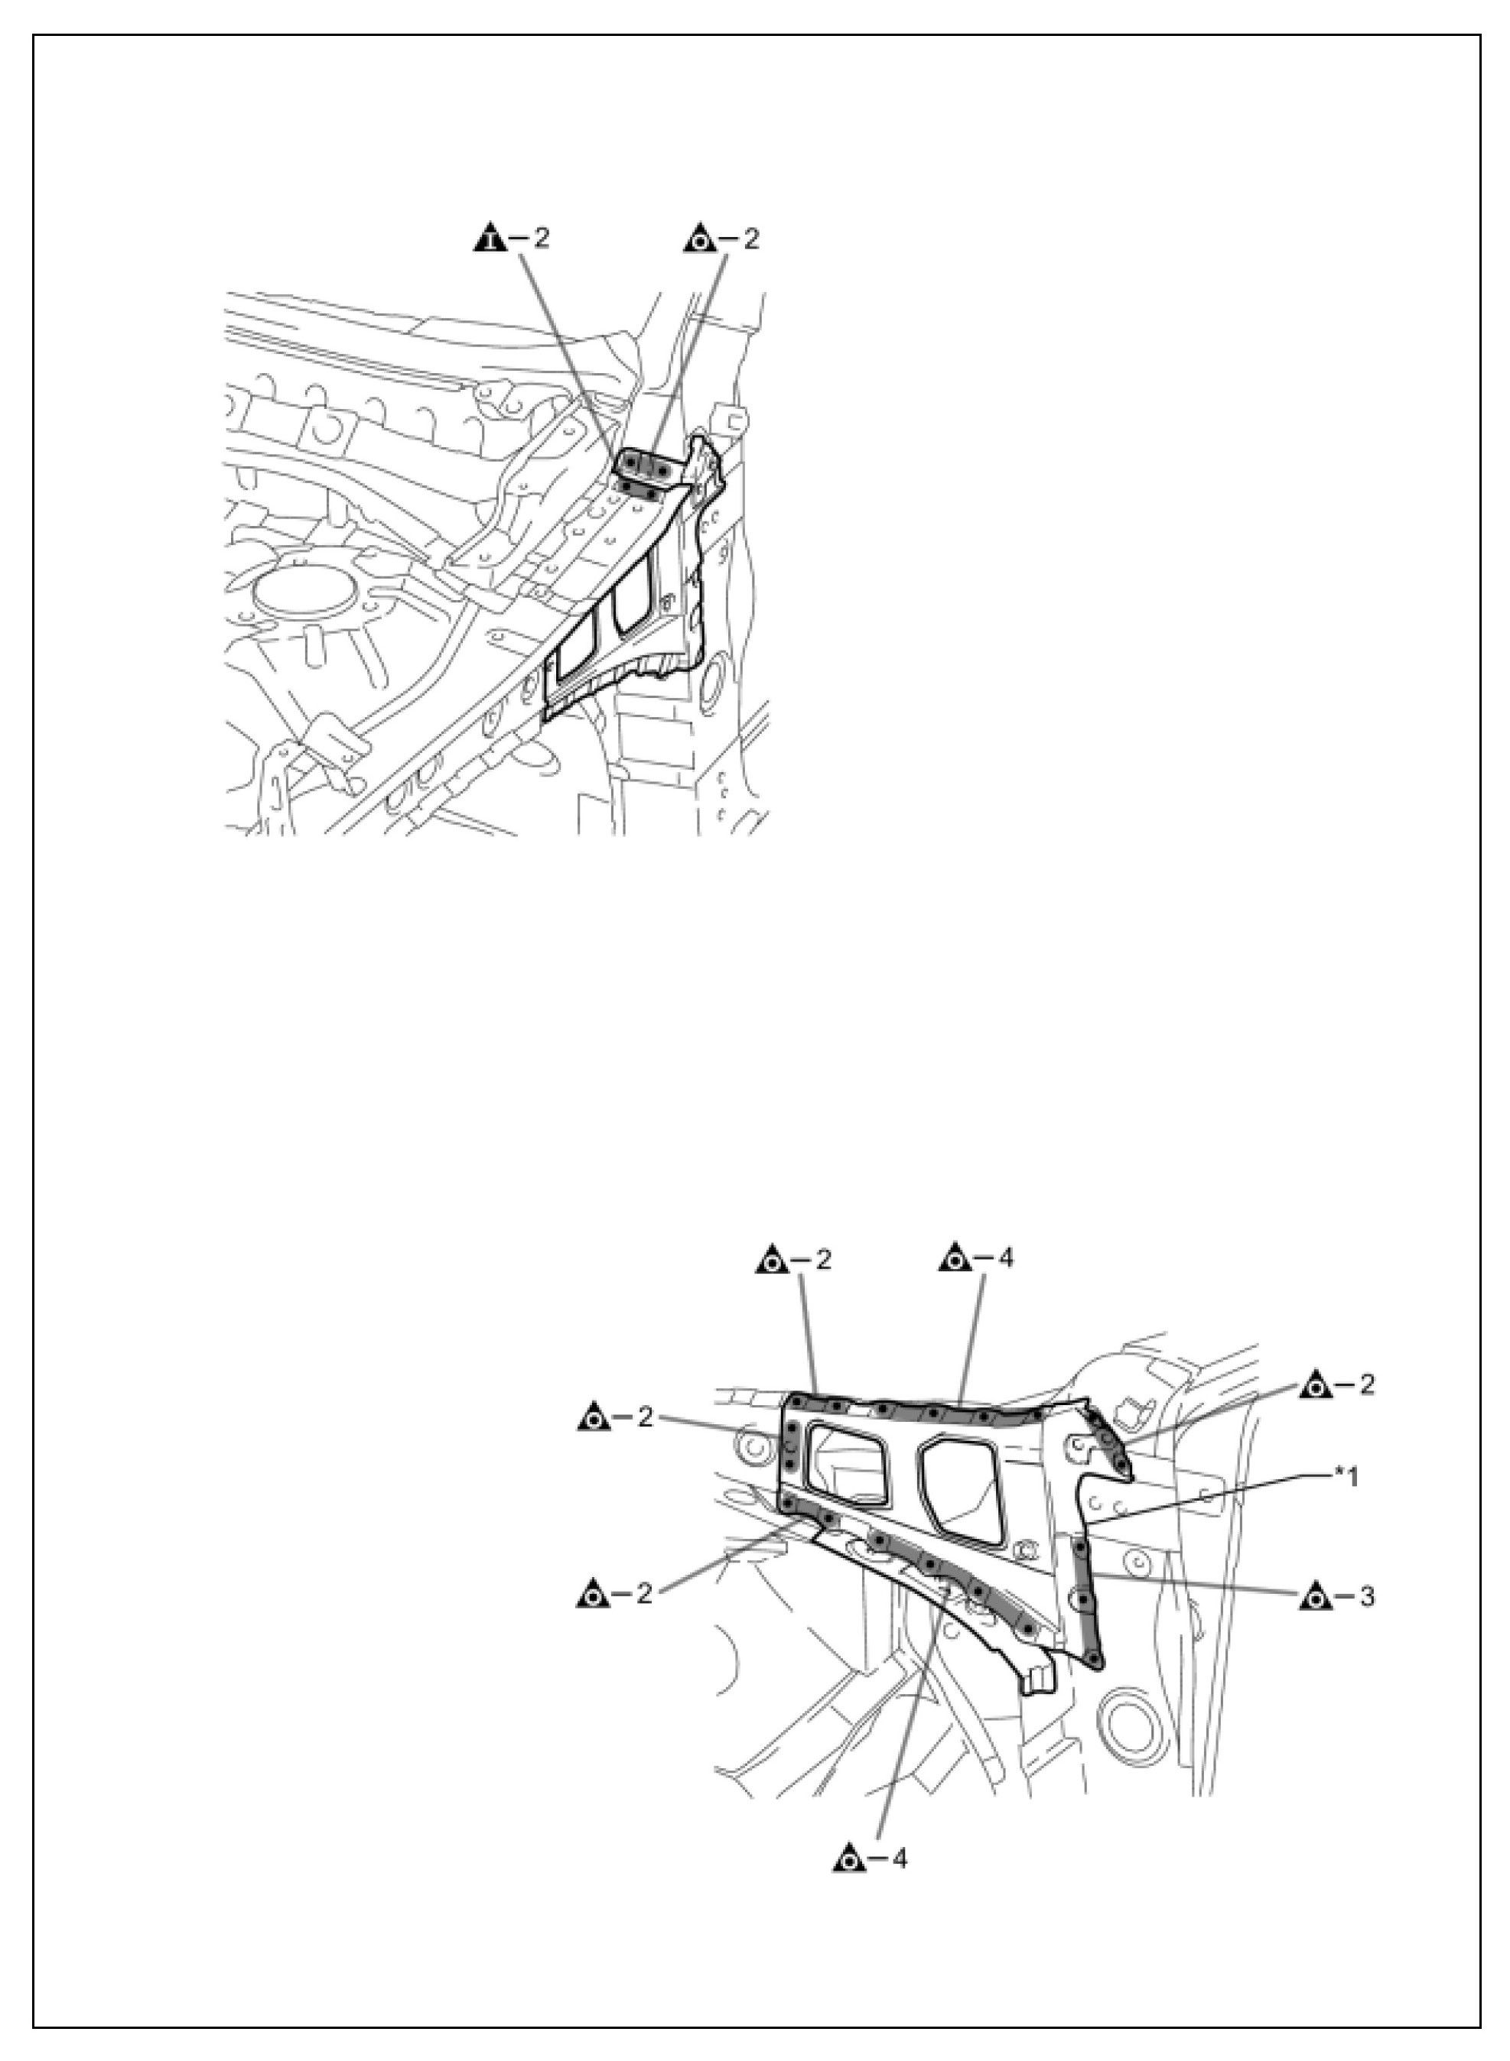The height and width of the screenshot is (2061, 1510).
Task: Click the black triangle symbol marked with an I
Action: [x=491, y=239]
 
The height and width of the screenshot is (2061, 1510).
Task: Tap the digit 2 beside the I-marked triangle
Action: [x=542, y=239]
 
